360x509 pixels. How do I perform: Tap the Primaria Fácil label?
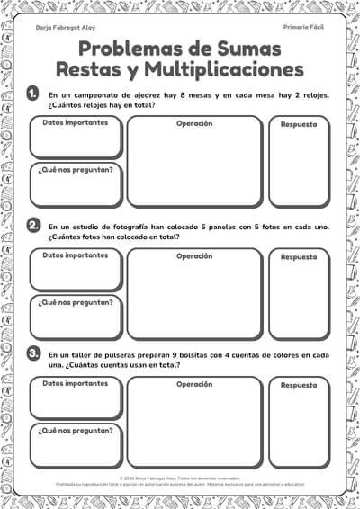303,29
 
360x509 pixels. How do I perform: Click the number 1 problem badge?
33,93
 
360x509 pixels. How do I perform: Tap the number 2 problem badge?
33,225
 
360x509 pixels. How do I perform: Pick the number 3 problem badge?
33,353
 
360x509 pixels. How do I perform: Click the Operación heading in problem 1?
193,123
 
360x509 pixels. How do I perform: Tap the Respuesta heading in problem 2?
299,257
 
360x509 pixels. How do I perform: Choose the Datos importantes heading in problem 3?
75,384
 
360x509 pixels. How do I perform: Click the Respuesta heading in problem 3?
299,386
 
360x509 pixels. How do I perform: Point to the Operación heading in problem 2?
193,255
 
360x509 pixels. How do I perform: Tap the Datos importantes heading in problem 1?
75,122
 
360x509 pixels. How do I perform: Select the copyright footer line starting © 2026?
180,479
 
